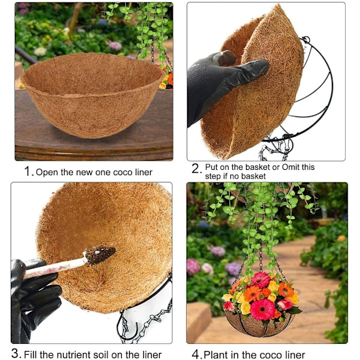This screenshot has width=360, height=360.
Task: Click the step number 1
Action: pos(28,171)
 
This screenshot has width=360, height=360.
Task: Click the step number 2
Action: pos(196,169)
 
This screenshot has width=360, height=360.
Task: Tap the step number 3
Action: pos(15,353)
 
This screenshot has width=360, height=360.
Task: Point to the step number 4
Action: pos(196,354)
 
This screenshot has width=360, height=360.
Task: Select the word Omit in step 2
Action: pos(290,167)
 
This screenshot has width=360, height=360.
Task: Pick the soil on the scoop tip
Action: pos(100,254)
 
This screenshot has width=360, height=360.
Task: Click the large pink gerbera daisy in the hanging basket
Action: pos(263,309)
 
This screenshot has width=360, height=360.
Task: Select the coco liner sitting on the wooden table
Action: pos(92,95)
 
